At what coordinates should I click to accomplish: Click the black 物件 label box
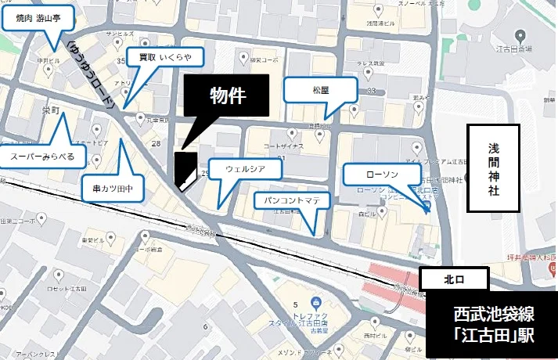227,95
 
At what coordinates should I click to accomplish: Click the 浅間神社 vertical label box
492,168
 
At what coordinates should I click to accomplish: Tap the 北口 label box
454,279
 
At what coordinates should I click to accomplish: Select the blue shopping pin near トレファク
315,303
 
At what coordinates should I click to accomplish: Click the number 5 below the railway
295,304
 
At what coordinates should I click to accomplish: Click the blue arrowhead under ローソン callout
427,211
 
